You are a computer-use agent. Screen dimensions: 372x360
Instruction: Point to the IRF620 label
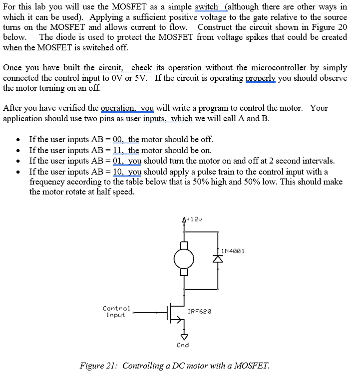point(199,311)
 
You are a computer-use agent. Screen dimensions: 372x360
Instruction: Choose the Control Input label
point(116,312)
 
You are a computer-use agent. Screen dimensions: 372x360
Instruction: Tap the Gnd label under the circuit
point(183,345)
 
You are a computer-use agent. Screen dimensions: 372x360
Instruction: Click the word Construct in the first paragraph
point(217,27)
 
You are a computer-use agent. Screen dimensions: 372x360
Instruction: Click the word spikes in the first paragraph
point(273,37)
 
